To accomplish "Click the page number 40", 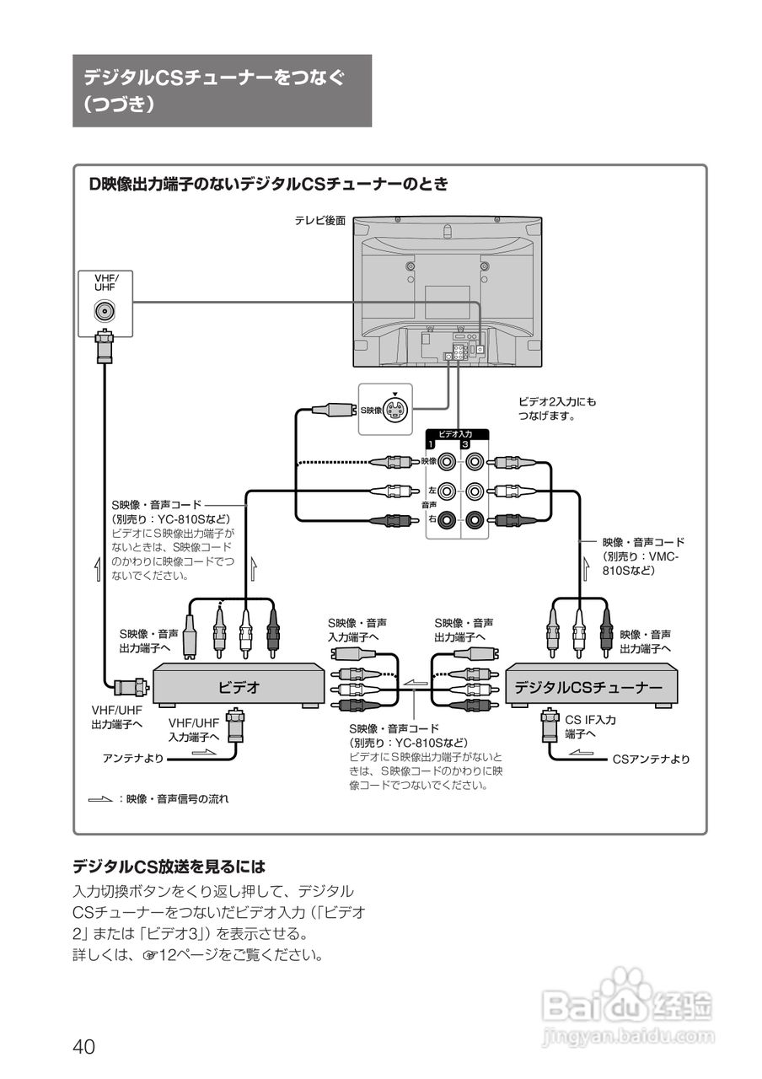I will (83, 1046).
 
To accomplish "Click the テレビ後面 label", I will (319, 221).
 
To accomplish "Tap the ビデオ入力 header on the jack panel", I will (455, 433).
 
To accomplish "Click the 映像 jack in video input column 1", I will (447, 462).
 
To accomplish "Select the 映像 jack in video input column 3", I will (477, 462).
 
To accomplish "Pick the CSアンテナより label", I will (650, 760).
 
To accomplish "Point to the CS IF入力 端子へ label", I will (590, 727).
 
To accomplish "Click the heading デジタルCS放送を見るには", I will (169, 866).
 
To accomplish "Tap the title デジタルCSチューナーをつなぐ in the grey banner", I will (214, 78).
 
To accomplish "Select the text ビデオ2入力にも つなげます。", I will (557, 409).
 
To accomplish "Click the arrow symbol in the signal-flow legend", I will (99, 797).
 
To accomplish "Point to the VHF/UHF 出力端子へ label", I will (117, 717).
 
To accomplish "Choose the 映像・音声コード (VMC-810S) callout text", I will (642, 556).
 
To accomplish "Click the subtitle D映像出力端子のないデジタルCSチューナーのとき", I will (269, 184).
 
